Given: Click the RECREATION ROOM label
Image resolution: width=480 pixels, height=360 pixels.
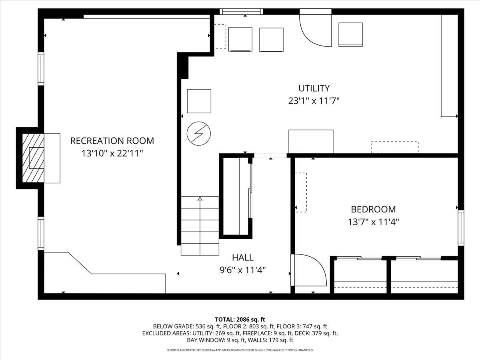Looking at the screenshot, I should [x=112, y=141].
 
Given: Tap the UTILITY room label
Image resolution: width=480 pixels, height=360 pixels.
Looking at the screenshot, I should [x=314, y=88].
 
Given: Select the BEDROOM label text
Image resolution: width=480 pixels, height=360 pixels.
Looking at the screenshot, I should [x=373, y=209].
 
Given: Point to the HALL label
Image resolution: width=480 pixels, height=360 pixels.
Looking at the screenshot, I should [x=243, y=258].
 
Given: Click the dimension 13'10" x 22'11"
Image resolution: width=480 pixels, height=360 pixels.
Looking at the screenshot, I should [x=112, y=153].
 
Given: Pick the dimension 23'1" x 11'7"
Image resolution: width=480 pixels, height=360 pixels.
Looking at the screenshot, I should [x=314, y=101].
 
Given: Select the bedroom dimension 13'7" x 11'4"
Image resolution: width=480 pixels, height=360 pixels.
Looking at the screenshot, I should [x=373, y=222].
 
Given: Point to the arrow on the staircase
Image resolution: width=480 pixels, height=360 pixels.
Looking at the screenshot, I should [x=200, y=199].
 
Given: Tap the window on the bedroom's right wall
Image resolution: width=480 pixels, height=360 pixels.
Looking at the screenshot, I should [x=461, y=227].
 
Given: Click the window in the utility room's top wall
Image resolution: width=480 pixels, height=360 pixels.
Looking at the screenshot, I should [x=242, y=12].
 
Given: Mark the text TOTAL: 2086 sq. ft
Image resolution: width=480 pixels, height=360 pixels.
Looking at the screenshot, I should [x=240, y=319].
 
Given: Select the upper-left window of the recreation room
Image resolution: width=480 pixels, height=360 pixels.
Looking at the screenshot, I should [x=40, y=68].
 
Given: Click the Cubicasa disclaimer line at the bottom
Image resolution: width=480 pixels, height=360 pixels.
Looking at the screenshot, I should [x=240, y=350].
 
